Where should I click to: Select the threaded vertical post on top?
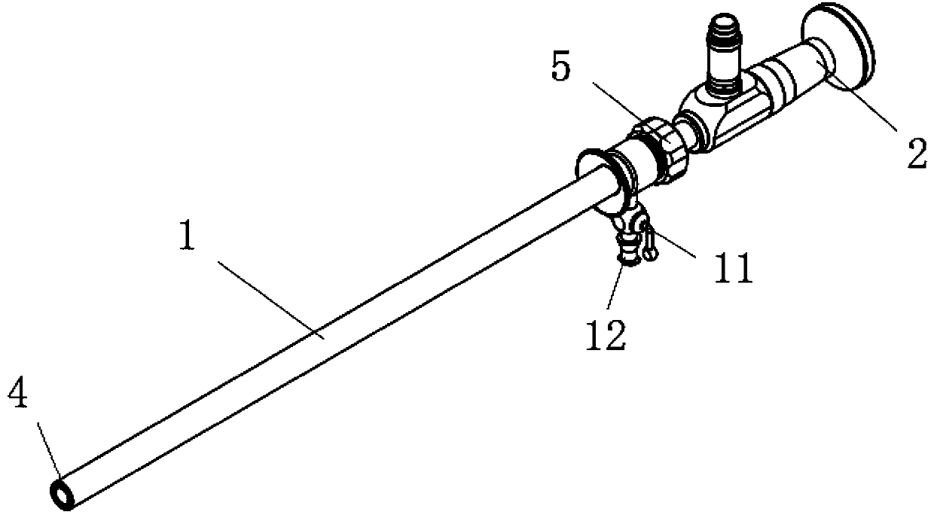724,61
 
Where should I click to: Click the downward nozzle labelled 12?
627,248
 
